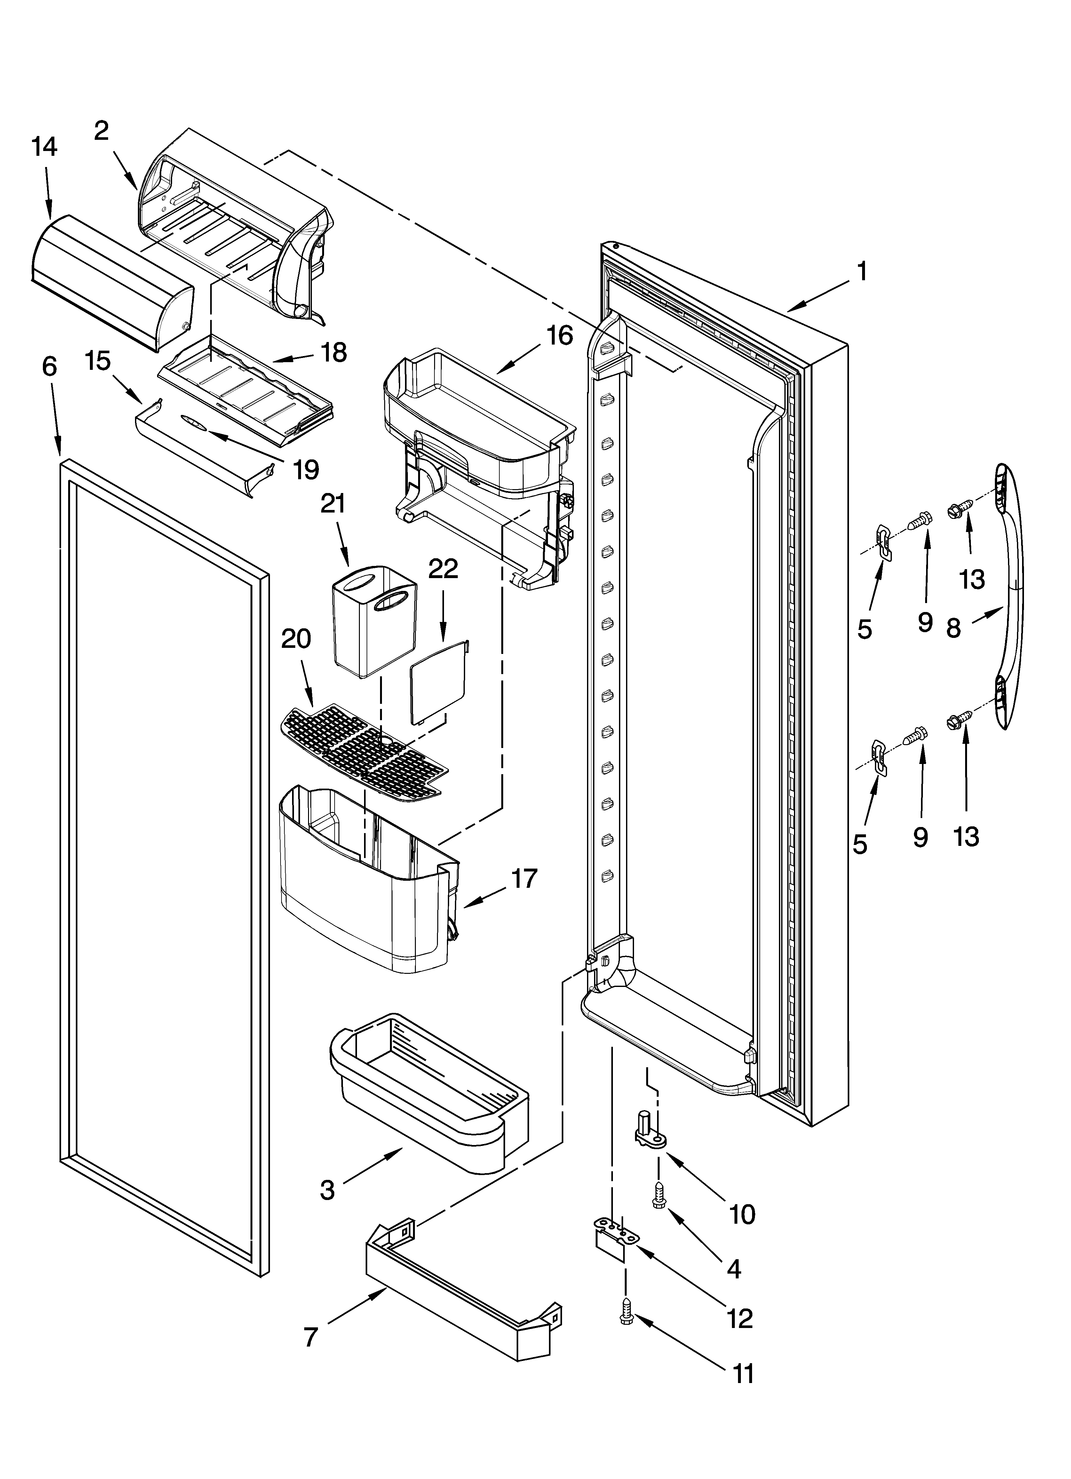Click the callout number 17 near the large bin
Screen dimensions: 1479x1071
pyautogui.click(x=524, y=879)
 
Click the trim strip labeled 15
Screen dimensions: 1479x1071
pyautogui.click(x=202, y=450)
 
